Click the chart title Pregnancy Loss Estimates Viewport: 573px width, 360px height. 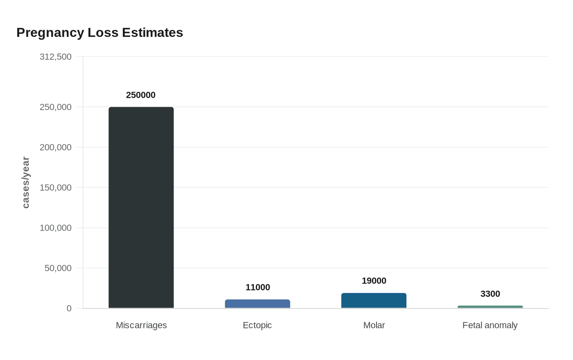pos(99,32)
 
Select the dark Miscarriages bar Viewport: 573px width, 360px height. pos(141,207)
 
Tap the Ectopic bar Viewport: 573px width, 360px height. pos(257,304)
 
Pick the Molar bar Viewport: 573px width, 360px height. pos(374,301)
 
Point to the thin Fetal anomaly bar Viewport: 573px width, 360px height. pos(490,307)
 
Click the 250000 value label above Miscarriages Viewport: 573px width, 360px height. pos(141,95)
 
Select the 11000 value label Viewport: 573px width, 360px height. pos(257,287)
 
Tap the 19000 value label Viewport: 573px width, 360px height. pos(374,281)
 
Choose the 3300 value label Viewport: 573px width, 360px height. pos(490,294)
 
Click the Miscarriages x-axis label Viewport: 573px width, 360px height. pos(141,325)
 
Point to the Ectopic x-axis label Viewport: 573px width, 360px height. pos(257,325)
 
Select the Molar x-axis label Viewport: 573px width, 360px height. pos(374,325)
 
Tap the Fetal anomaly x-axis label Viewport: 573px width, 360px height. pos(490,325)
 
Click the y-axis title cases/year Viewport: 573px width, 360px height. pos(26,182)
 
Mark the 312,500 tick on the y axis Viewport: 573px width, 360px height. pos(56,56)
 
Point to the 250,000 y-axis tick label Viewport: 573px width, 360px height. pos(56,107)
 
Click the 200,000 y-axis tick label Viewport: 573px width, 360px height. pos(56,147)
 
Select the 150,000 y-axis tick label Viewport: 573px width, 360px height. pos(56,187)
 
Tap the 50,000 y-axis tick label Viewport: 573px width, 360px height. pos(58,268)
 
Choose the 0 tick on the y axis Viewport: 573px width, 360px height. pos(69,308)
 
